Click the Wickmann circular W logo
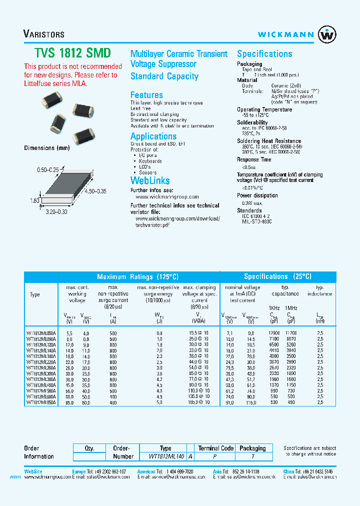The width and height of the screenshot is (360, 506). (x=327, y=34)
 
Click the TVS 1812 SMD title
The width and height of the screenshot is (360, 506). (x=72, y=53)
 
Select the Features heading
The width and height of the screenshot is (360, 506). (x=146, y=95)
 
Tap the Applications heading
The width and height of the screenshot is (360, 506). (x=153, y=136)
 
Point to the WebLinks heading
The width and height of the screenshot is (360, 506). (x=150, y=181)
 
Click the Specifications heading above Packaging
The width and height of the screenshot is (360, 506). (x=264, y=54)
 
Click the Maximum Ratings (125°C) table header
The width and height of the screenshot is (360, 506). (x=137, y=276)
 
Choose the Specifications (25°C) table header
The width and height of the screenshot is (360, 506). (x=277, y=276)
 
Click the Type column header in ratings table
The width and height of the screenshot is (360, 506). (x=35, y=294)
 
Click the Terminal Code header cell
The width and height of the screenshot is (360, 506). (x=215, y=448)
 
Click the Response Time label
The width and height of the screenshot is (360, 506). (x=254, y=159)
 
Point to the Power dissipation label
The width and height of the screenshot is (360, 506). (x=257, y=195)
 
